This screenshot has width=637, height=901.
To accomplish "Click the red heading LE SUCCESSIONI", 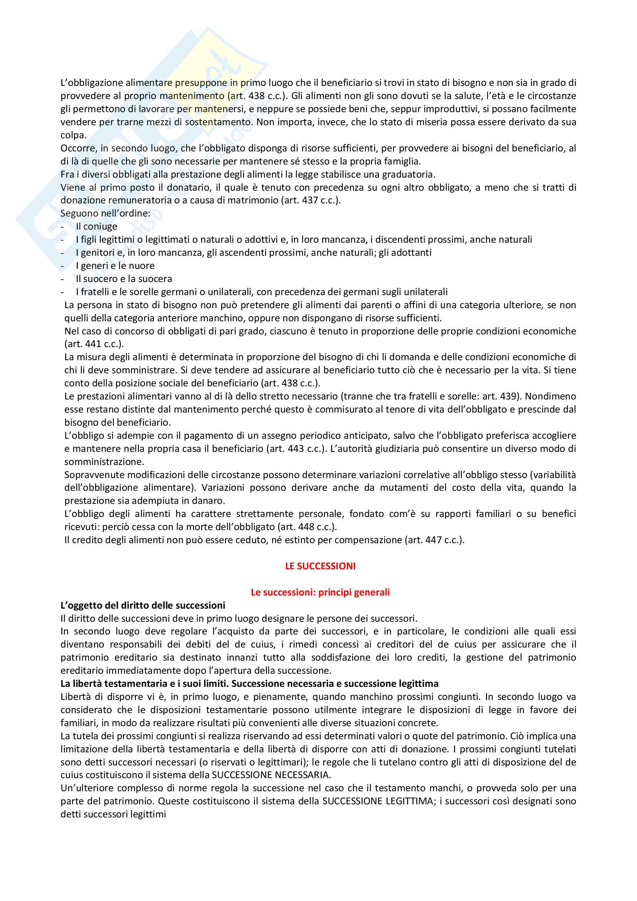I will click(x=320, y=566).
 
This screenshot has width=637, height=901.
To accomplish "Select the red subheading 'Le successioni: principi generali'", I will click(x=320, y=592).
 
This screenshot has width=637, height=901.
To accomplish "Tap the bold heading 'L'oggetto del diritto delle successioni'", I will click(x=143, y=605).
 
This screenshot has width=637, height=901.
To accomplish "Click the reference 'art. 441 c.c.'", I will click(x=93, y=344).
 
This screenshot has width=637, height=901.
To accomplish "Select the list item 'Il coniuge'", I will click(x=97, y=227).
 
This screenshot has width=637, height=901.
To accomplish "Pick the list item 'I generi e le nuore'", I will click(x=115, y=266).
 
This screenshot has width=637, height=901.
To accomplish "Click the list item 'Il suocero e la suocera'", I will click(x=124, y=279).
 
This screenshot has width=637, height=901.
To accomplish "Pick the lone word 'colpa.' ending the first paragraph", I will click(x=73, y=135).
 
